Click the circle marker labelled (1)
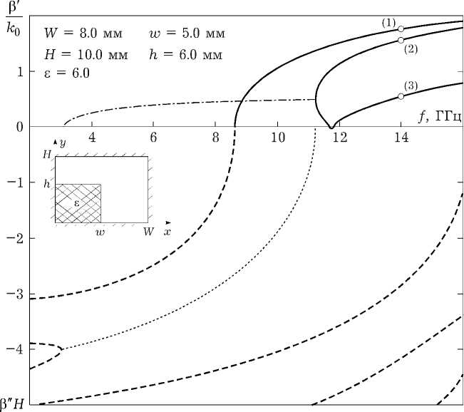coord(401,29)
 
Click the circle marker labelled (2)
coord(401,40)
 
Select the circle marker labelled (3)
coord(401,96)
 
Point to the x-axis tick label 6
coord(153,137)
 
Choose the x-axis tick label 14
coord(401,137)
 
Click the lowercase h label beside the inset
coord(47,184)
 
